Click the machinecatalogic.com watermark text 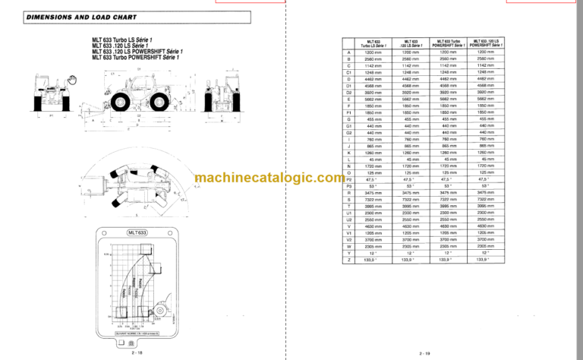coord(269,178)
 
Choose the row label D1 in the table coord(349,85)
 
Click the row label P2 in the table coord(349,179)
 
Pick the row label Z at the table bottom coord(349,260)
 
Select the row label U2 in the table coord(349,219)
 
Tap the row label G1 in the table coord(349,125)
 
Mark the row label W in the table coord(349,246)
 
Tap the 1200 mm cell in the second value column coord(411,52)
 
